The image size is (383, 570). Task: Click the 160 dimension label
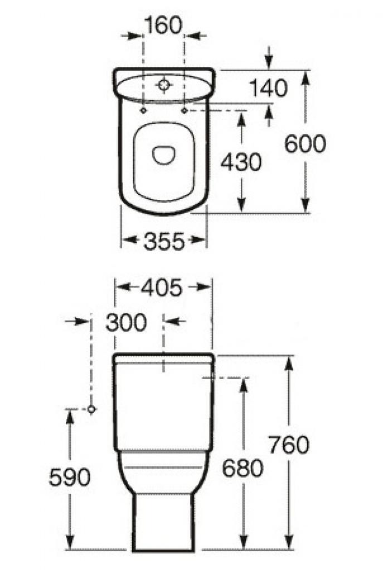163,25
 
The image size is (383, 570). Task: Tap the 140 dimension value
268,88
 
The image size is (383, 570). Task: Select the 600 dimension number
305,144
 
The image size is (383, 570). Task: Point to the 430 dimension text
240,162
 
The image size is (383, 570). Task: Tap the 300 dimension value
126,322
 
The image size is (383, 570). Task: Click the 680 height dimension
243,469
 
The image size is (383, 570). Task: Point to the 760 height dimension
288,445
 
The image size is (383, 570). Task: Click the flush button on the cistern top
163,85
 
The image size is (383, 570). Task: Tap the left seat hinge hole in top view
143,111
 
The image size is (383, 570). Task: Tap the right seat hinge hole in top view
184,111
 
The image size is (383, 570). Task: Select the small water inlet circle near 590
92,409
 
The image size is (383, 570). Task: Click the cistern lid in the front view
163,358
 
